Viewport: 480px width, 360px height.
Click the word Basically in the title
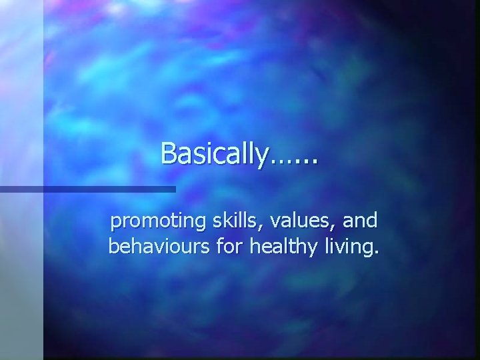213,154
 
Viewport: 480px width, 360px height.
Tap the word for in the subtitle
224,248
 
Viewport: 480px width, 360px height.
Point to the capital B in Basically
168,153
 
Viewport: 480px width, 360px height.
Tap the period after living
376,254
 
